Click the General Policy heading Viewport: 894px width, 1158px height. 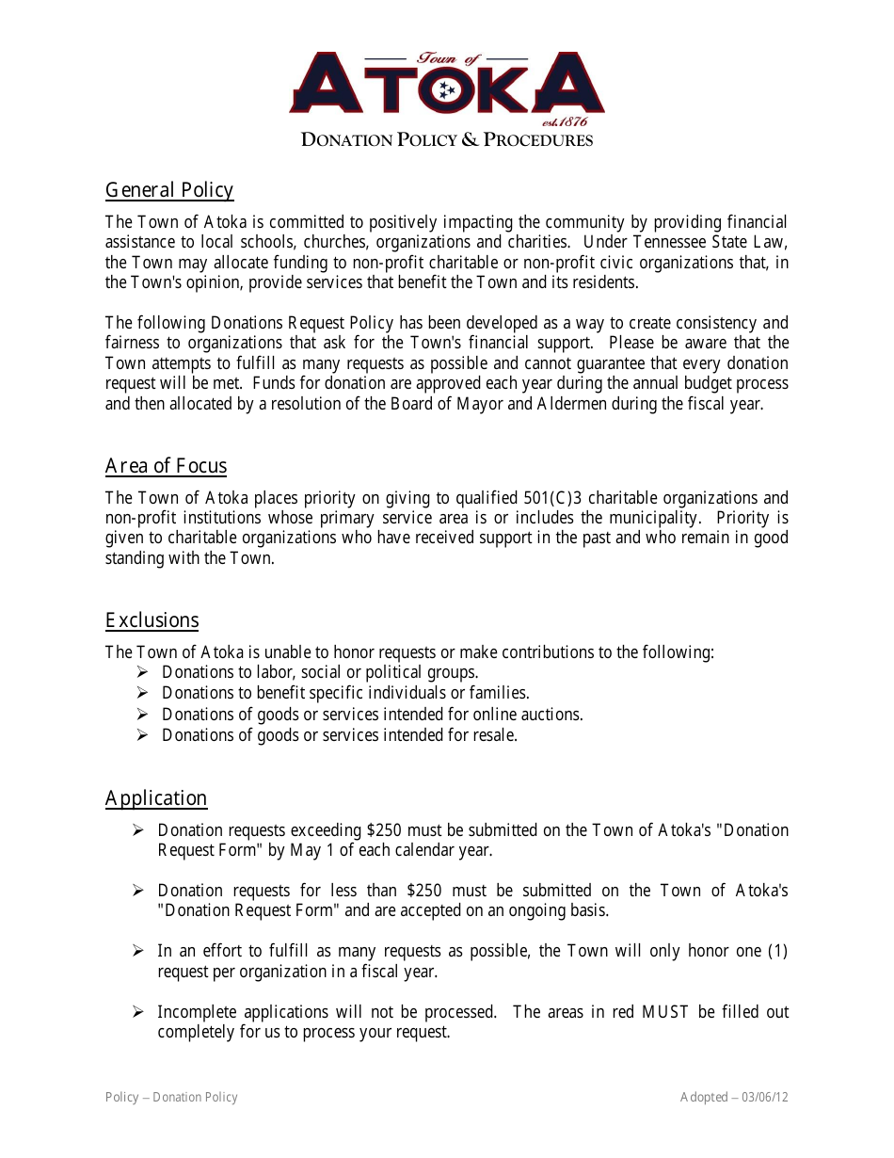(x=169, y=190)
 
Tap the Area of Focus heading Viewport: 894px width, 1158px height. (x=166, y=466)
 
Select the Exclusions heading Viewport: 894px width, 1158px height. (x=152, y=620)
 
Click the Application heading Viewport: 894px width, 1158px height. (x=156, y=798)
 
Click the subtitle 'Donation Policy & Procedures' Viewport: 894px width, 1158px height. (x=447, y=140)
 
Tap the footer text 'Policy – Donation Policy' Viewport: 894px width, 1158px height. (x=171, y=1097)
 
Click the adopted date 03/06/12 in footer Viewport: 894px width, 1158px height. (x=764, y=1097)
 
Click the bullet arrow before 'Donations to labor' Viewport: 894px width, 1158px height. (x=142, y=672)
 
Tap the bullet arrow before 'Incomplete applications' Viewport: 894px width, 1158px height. (x=137, y=1012)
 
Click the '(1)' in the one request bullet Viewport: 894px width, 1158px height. (x=777, y=951)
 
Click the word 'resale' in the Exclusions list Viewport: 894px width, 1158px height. (x=494, y=735)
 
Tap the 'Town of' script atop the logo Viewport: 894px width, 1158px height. (x=447, y=58)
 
